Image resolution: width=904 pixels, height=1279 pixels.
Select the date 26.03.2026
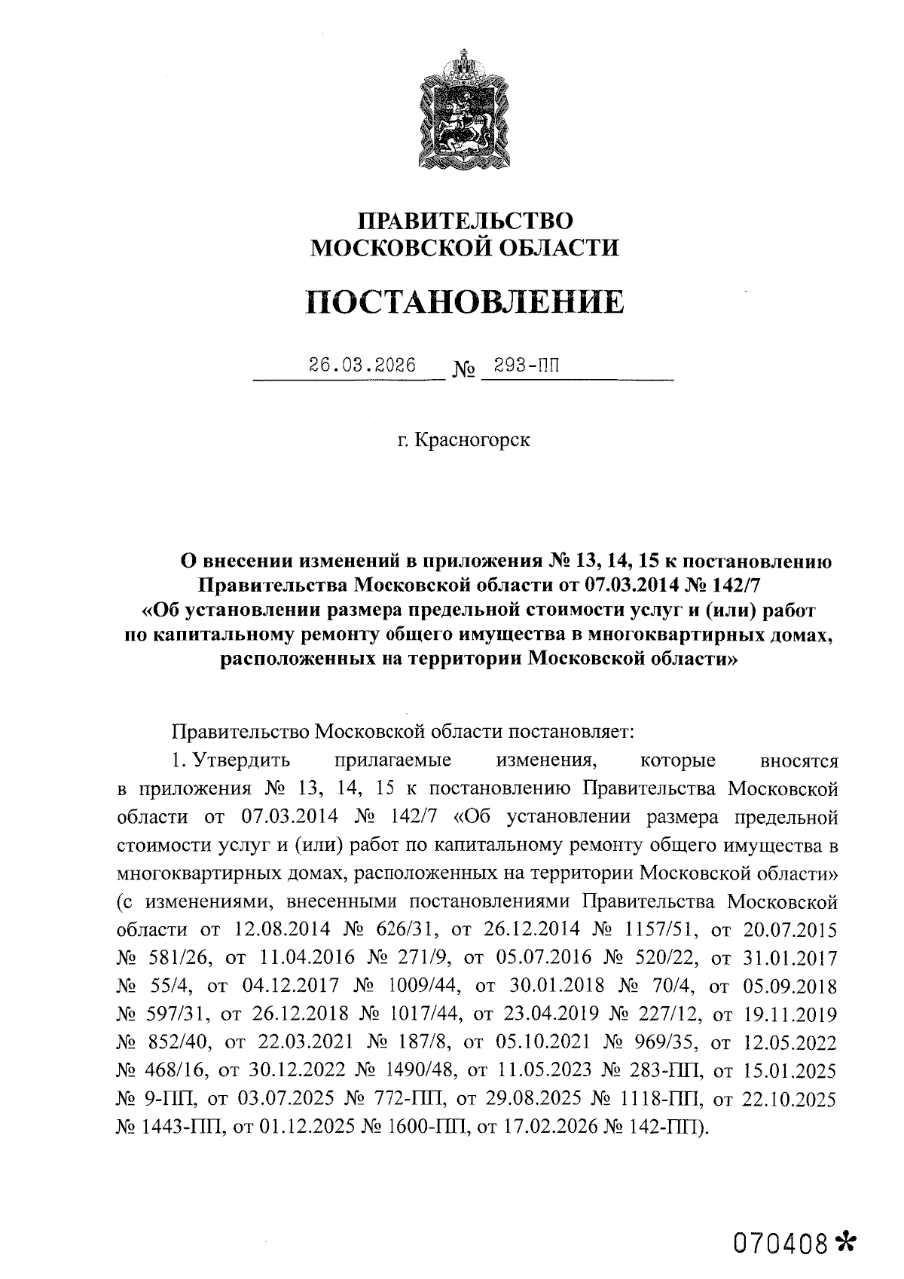[x=362, y=366]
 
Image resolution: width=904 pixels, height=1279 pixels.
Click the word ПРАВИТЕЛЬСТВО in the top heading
[x=465, y=221]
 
